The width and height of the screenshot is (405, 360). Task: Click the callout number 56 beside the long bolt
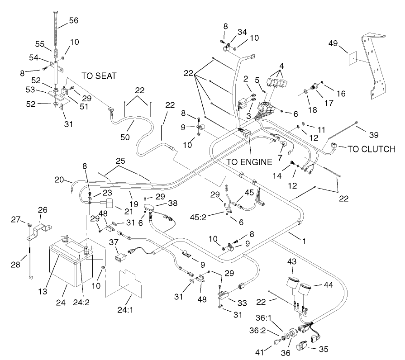73,20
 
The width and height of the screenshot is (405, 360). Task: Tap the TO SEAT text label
99,76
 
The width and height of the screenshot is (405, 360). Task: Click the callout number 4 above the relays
281,66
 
